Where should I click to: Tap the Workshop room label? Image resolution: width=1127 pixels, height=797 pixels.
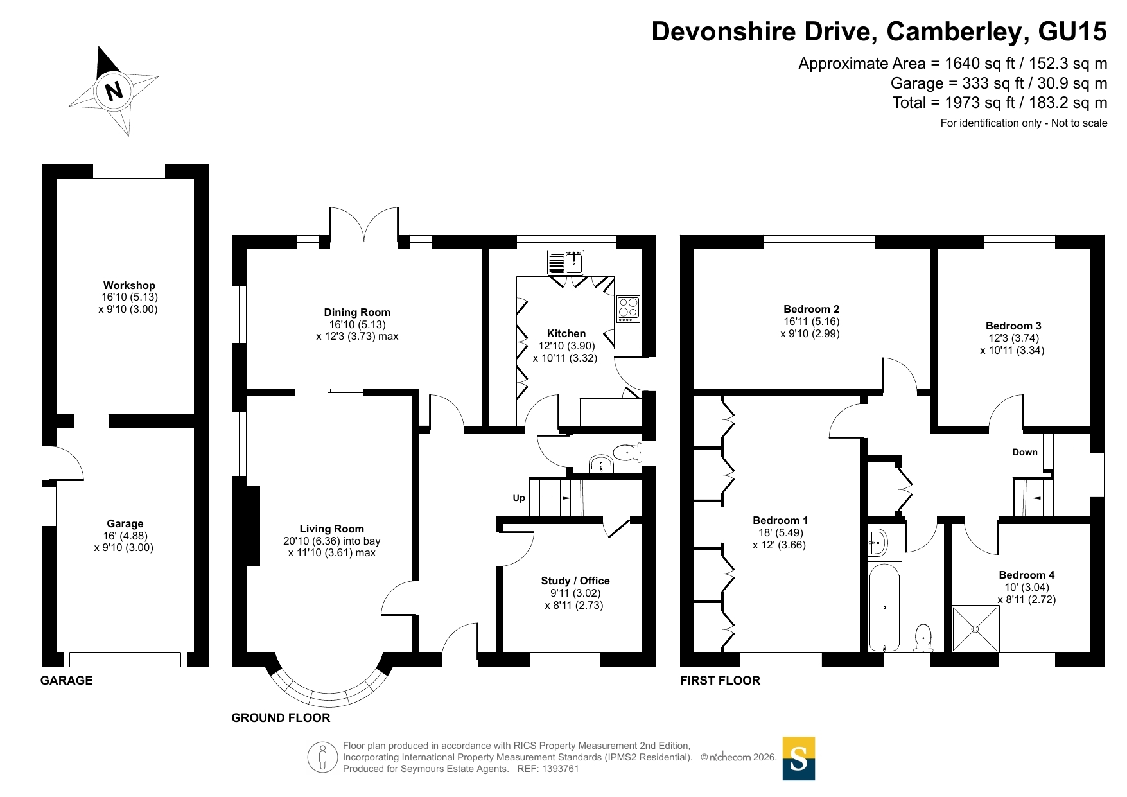click(129, 285)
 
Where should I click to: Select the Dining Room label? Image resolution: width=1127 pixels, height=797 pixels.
click(357, 312)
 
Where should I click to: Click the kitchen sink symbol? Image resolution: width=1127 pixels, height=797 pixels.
click(566, 263)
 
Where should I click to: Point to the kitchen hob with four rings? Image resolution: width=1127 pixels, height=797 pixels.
click(628, 309)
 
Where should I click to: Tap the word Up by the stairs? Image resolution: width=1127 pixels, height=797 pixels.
click(519, 498)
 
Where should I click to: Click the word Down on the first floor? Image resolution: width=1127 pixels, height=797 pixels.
click(1025, 452)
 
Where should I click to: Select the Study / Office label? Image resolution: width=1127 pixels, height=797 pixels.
click(575, 581)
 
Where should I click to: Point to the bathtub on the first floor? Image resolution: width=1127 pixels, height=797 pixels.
click(885, 608)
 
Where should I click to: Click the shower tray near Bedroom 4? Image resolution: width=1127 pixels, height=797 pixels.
click(975, 629)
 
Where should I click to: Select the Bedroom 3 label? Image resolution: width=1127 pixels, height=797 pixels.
click(1013, 326)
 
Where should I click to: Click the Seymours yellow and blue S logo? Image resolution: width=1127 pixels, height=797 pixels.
click(798, 758)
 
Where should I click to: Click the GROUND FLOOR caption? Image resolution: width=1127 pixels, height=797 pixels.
click(281, 718)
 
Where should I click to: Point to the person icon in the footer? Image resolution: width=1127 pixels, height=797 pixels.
click(322, 757)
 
